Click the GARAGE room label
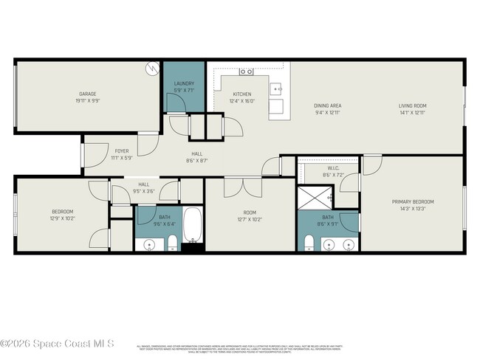(x=89, y=94)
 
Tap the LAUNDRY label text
(x=184, y=84)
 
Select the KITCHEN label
(x=242, y=94)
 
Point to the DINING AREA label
(x=327, y=105)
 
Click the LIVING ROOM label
(x=413, y=105)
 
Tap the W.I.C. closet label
(x=333, y=168)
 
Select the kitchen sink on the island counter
(x=277, y=89)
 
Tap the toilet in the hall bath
(x=171, y=243)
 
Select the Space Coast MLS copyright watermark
(x=57, y=343)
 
